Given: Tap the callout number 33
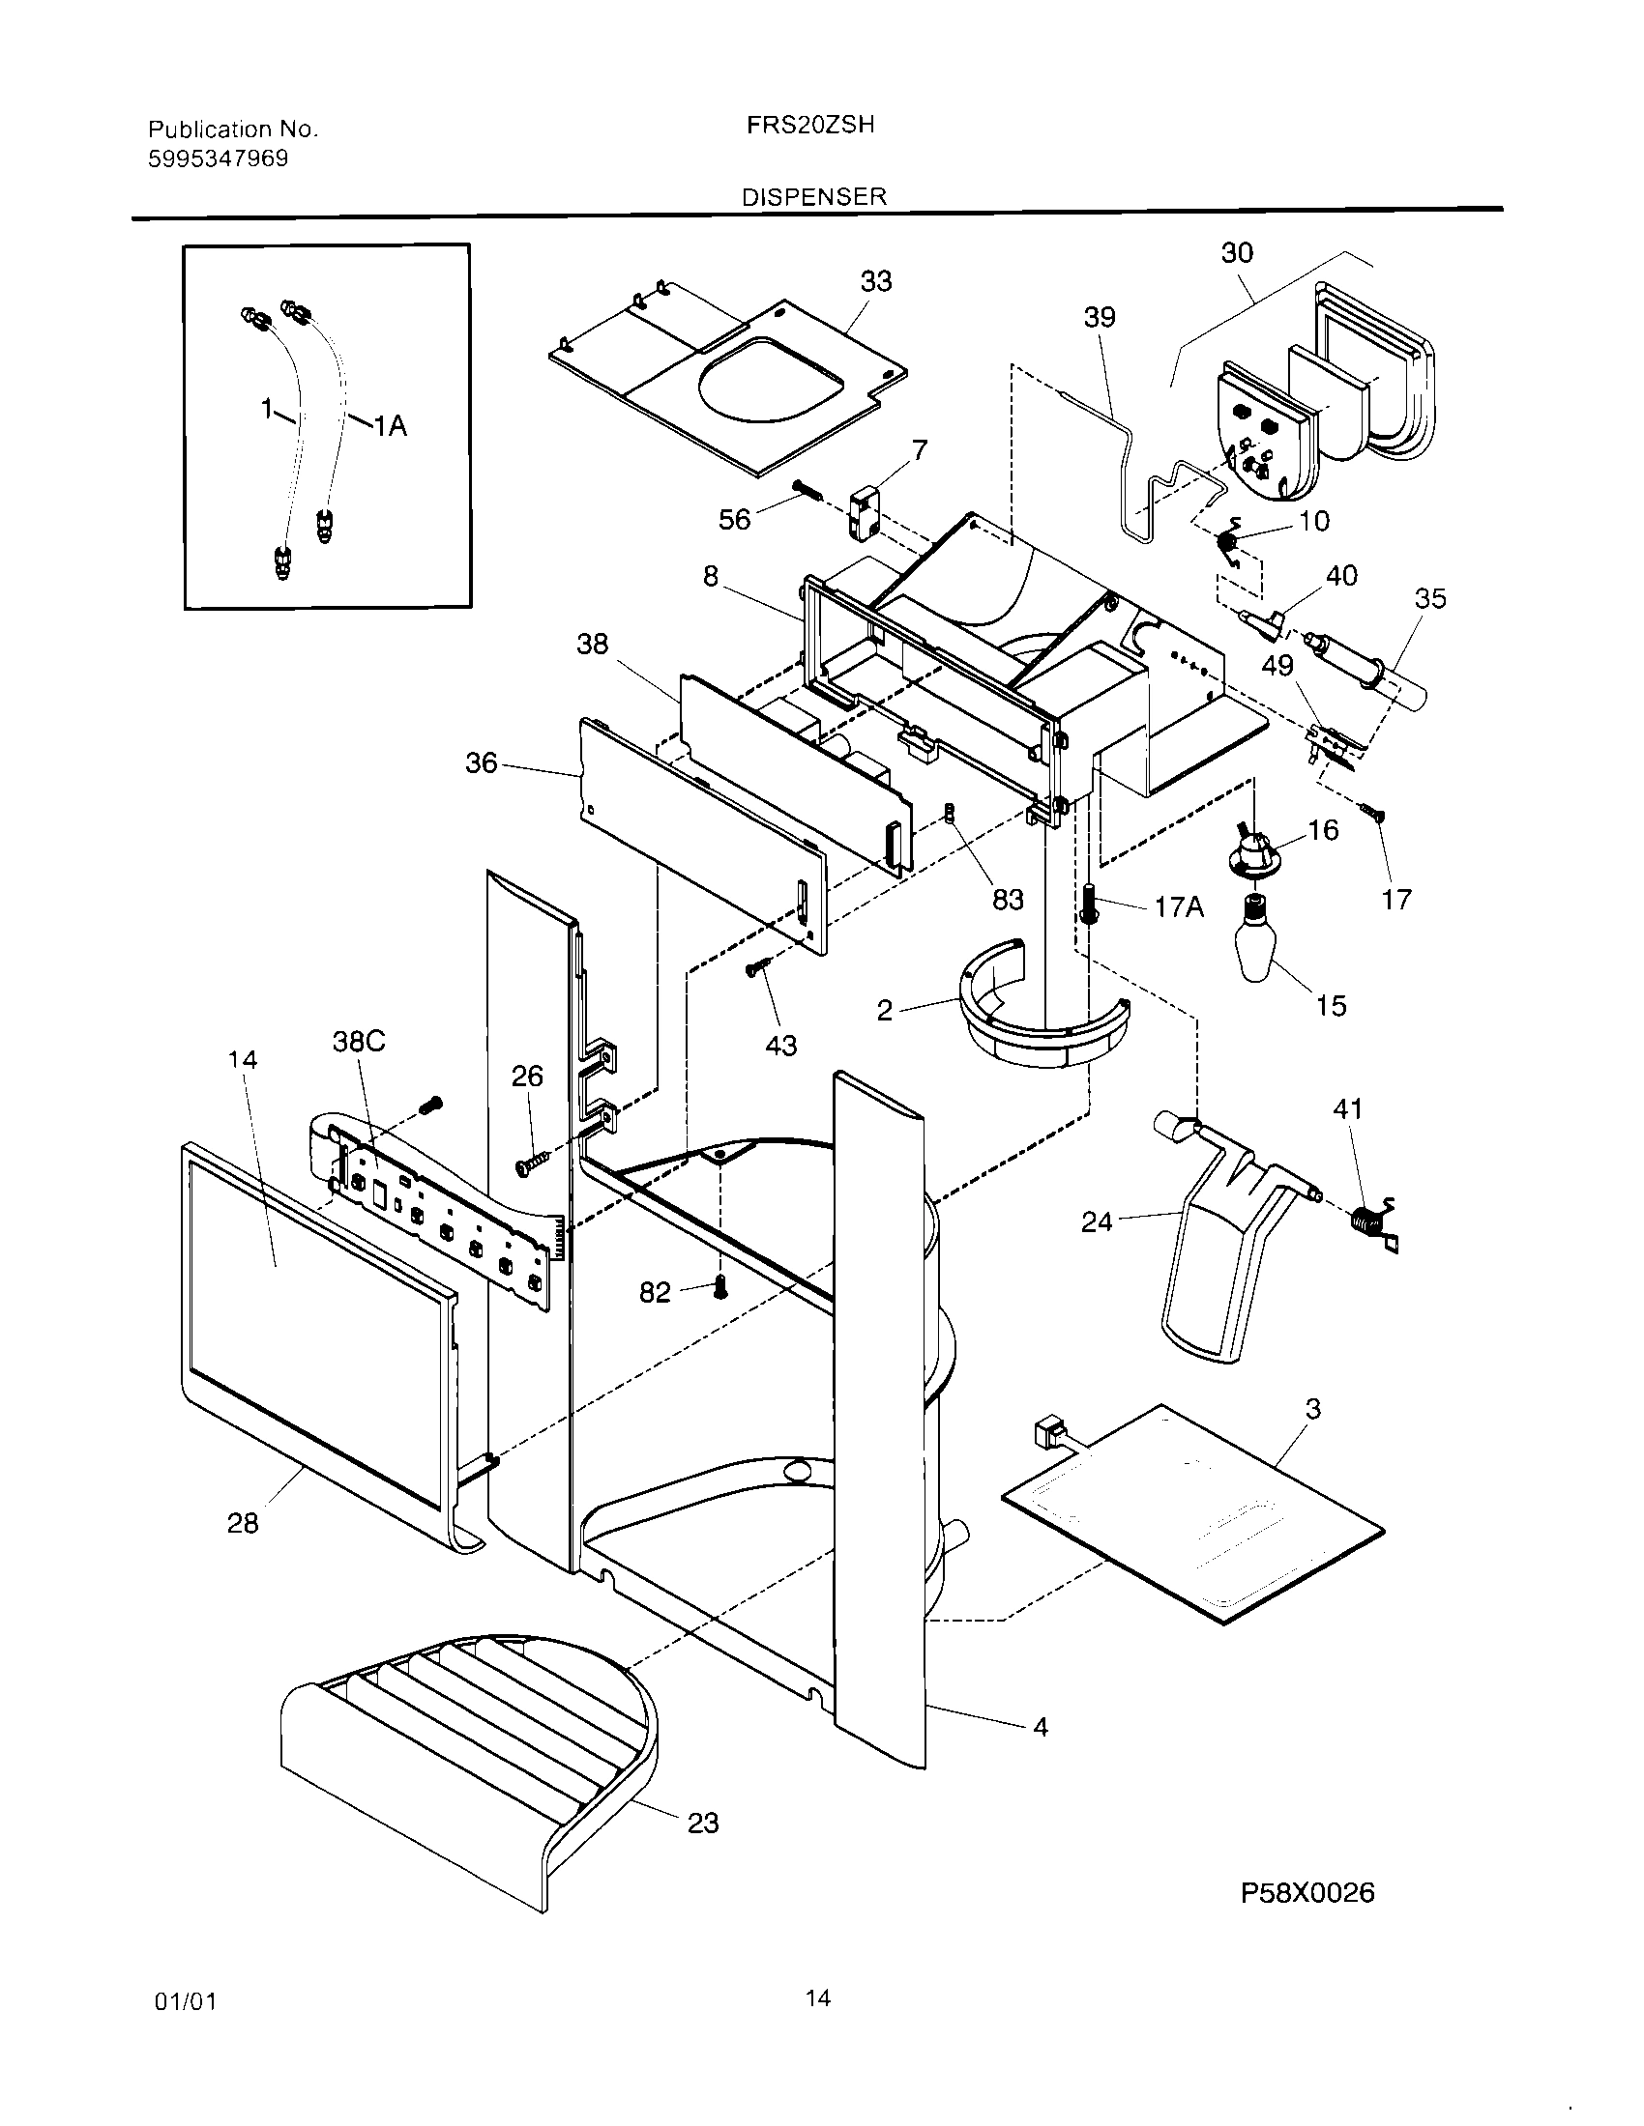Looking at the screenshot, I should point(875,281).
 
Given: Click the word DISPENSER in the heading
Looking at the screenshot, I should point(814,196).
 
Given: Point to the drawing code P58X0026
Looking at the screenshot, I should point(1307,1892).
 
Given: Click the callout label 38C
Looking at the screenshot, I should point(359,1042).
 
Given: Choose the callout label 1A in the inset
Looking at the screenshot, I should point(390,425).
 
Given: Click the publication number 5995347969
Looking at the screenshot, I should point(219,158).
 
